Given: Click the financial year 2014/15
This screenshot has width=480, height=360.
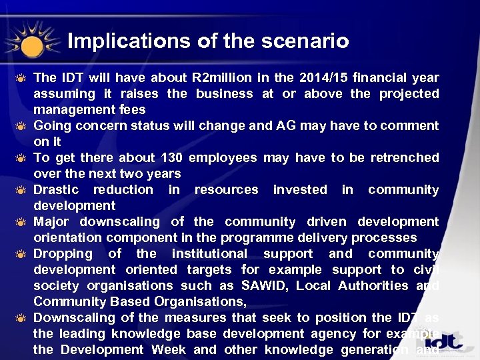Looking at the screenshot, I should (326, 78).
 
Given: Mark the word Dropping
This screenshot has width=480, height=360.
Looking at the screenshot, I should (63, 254).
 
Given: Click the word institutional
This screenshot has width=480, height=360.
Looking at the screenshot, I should (210, 254).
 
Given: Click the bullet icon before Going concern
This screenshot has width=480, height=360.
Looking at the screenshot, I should (21, 126).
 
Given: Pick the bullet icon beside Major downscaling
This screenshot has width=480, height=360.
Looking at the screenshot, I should (21, 222).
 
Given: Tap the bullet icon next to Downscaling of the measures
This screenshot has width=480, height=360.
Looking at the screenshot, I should (21, 318).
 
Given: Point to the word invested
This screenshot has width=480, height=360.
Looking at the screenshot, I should (300, 190).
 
